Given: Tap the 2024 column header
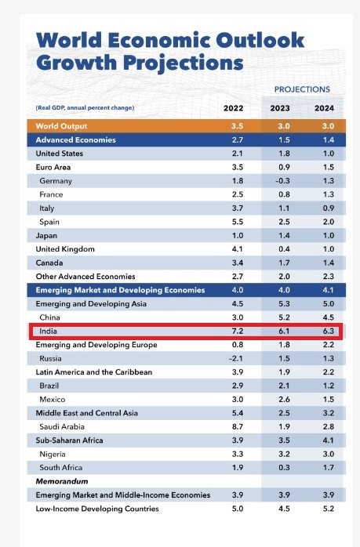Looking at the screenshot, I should [x=324, y=107].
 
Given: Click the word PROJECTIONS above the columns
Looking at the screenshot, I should [x=302, y=89].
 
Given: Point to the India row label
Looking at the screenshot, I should [x=49, y=331].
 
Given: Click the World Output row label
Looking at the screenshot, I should [x=61, y=126].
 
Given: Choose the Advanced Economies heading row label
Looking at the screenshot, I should [x=76, y=139].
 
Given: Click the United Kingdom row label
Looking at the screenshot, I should [x=66, y=249].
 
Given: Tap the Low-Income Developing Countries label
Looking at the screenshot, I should [x=97, y=509].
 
